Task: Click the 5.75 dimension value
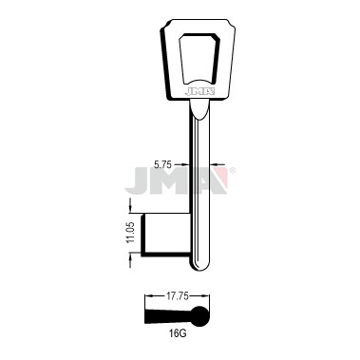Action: pos(162,164)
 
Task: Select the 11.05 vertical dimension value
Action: pos(131,233)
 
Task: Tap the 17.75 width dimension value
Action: pos(178,296)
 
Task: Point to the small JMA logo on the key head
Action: pos(200,92)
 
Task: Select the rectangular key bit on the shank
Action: pos(166,235)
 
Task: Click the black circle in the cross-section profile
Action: pos(200,316)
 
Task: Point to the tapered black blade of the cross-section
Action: pos(168,316)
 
